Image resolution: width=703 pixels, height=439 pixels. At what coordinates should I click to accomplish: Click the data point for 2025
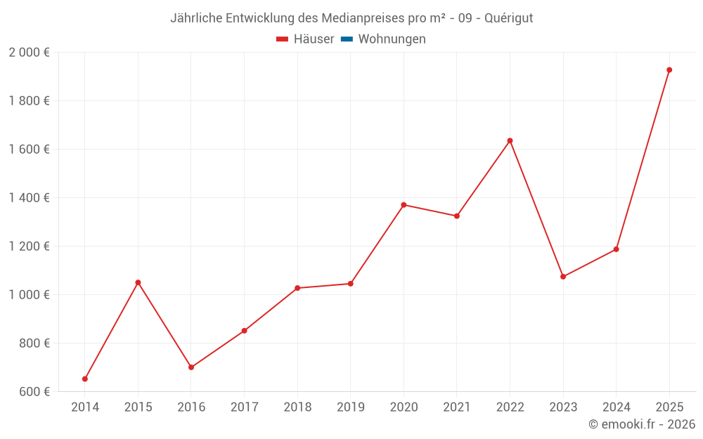(x=669, y=70)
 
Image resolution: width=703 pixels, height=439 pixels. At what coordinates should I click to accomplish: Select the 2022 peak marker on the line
(x=510, y=140)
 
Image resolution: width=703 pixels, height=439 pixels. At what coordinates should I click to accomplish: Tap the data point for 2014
(x=85, y=379)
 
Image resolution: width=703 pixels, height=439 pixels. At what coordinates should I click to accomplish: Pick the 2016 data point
(x=191, y=367)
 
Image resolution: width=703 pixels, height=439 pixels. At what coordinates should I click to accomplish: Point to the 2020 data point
(x=404, y=205)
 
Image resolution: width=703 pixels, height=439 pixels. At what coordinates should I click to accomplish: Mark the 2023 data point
(x=563, y=277)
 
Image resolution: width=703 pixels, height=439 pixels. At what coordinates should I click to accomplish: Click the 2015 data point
(x=138, y=282)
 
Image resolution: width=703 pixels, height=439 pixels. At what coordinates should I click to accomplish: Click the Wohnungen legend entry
(x=392, y=39)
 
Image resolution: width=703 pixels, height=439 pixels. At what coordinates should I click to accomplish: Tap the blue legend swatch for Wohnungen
(x=347, y=39)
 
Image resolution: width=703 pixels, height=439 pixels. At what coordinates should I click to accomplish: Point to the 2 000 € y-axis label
(x=29, y=53)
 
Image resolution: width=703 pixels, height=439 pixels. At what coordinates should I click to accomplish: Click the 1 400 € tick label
(x=29, y=198)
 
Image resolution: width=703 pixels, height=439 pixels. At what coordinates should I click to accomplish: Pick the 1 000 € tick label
(x=29, y=295)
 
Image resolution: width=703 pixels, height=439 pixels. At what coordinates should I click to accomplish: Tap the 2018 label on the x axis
(x=297, y=407)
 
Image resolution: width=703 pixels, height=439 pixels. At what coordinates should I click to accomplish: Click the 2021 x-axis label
(x=457, y=407)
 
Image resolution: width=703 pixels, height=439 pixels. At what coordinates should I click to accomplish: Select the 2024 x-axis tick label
(x=617, y=407)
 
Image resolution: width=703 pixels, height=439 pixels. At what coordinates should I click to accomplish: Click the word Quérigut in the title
(x=508, y=18)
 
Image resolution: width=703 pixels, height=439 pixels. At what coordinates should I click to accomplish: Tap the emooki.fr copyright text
(x=642, y=424)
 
